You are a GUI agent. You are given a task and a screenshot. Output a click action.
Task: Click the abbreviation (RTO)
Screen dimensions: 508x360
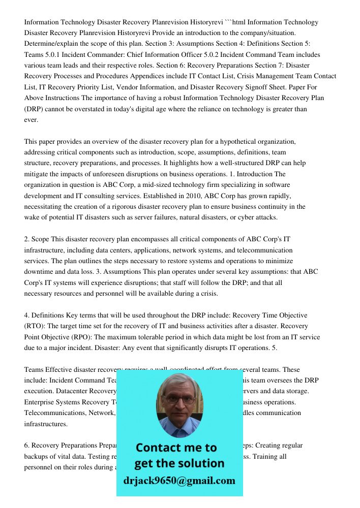[x=35, y=326]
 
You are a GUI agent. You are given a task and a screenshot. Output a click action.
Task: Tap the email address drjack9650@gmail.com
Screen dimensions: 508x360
[x=179, y=481]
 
